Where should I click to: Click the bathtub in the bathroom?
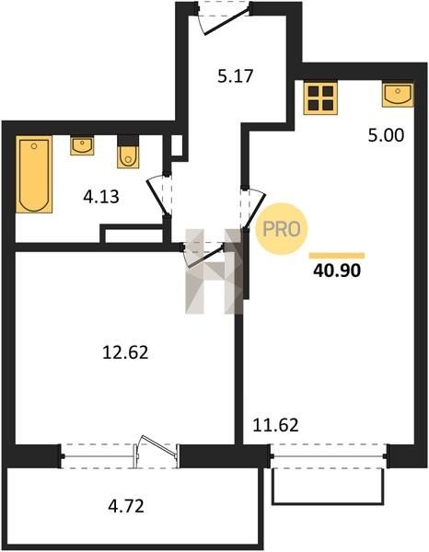pos(34,175)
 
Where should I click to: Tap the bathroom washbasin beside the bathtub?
pos(82,145)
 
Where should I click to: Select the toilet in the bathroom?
pos(128,152)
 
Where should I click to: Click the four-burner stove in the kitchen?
pos(320,98)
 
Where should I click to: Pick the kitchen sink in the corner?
pos(398,95)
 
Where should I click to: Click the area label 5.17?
pos(236,76)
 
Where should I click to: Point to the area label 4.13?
pos(101,197)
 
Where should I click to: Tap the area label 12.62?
pos(125,352)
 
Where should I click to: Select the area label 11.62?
pos(276,425)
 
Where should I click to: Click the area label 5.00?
pos(386,135)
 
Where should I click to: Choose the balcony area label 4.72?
pos(126,507)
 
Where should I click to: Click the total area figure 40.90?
pos(337,270)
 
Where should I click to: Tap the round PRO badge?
pos(281,229)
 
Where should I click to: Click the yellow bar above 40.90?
pos(337,256)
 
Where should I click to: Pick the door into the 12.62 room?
pos(203,255)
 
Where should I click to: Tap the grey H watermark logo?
pos(214,271)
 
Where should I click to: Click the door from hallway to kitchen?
pos(252,208)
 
